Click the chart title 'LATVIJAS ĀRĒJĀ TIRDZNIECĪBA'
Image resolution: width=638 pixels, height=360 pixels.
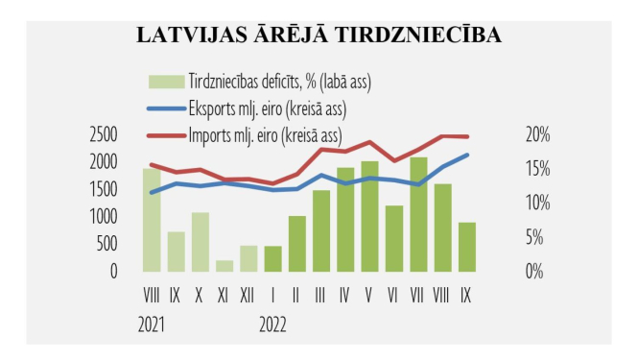(319, 36)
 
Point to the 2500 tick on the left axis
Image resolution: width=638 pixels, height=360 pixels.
(101, 135)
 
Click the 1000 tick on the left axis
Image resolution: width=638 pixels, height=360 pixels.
(101, 217)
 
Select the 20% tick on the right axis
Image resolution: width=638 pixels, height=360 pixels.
(536, 135)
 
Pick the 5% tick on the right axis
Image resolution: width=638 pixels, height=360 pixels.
(536, 237)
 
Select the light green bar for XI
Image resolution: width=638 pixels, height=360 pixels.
(224, 266)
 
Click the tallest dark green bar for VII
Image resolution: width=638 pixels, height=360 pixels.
(418, 214)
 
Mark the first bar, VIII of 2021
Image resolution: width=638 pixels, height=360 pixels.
(152, 220)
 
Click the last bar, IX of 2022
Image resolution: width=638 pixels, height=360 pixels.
(466, 247)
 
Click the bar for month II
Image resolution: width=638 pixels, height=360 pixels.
(297, 244)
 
